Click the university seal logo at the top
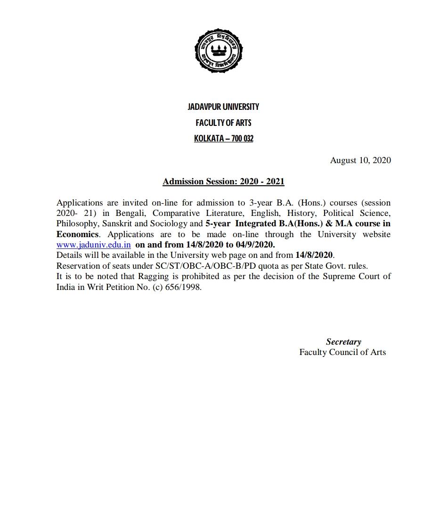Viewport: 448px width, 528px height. click(x=219, y=51)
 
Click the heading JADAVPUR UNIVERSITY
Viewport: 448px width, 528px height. click(x=223, y=107)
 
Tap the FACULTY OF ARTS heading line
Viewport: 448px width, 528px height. click(x=223, y=123)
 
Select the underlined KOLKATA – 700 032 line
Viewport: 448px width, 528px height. click(x=223, y=139)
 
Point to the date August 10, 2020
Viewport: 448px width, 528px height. click(x=360, y=160)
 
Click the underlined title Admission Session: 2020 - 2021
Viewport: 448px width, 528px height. click(x=223, y=181)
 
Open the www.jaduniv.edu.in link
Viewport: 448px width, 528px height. click(x=93, y=245)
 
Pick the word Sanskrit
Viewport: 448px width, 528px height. click(x=117, y=223)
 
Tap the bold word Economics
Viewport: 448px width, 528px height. click(x=77, y=234)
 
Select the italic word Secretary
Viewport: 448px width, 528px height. click(x=343, y=342)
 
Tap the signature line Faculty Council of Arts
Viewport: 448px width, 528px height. click(x=342, y=352)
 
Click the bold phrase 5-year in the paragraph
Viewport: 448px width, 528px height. click(x=218, y=223)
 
